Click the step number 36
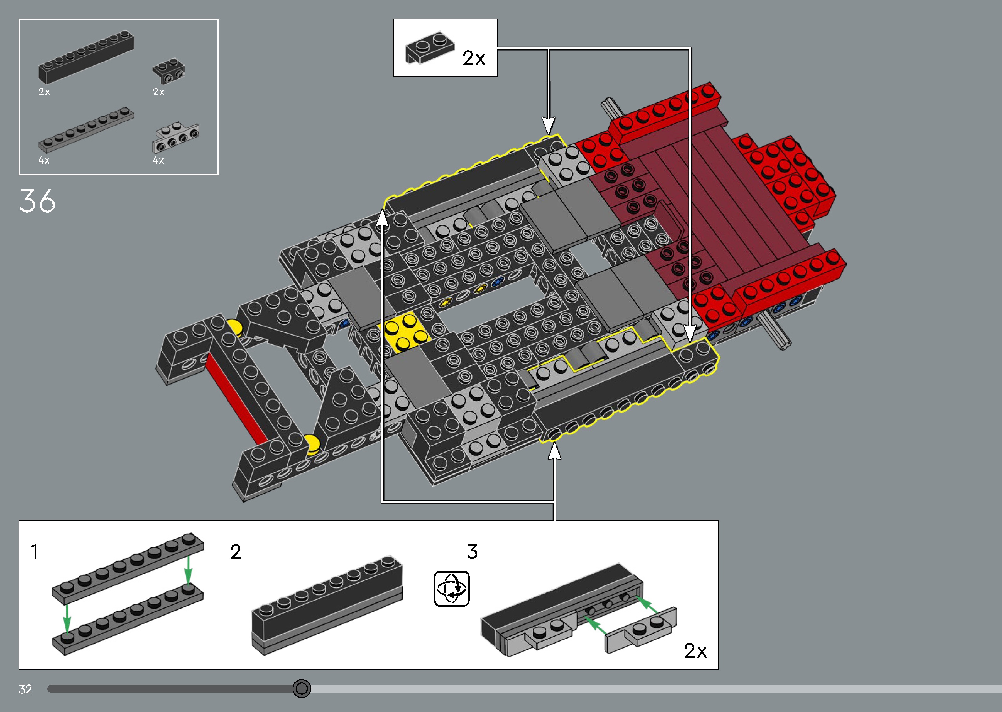[x=37, y=201]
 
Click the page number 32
[x=25, y=689]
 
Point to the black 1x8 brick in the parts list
[x=86, y=57]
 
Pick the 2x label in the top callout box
[x=474, y=58]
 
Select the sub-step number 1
[x=34, y=552]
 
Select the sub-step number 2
[x=236, y=552]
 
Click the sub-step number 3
[x=472, y=552]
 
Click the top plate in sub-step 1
[x=128, y=567]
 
